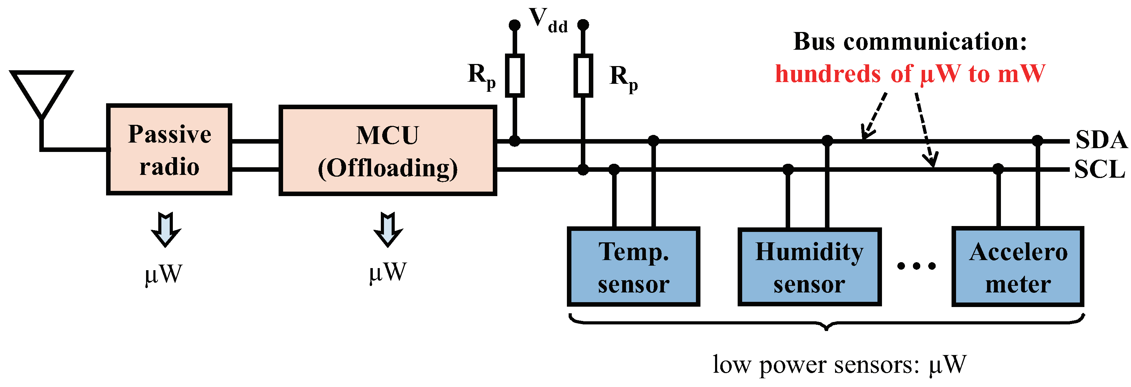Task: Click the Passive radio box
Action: [x=169, y=150]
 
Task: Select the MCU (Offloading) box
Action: [x=388, y=151]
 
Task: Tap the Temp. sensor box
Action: [x=633, y=267]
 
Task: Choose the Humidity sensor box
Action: [x=809, y=267]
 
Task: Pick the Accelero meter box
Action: [x=1018, y=267]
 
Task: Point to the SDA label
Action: [x=1101, y=139]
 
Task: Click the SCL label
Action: [x=1099, y=169]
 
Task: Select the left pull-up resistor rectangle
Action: [x=515, y=75]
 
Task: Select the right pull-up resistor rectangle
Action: [x=583, y=75]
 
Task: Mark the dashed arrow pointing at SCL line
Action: [x=925, y=129]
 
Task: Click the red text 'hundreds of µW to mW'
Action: [x=910, y=74]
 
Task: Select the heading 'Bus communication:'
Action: [x=910, y=42]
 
